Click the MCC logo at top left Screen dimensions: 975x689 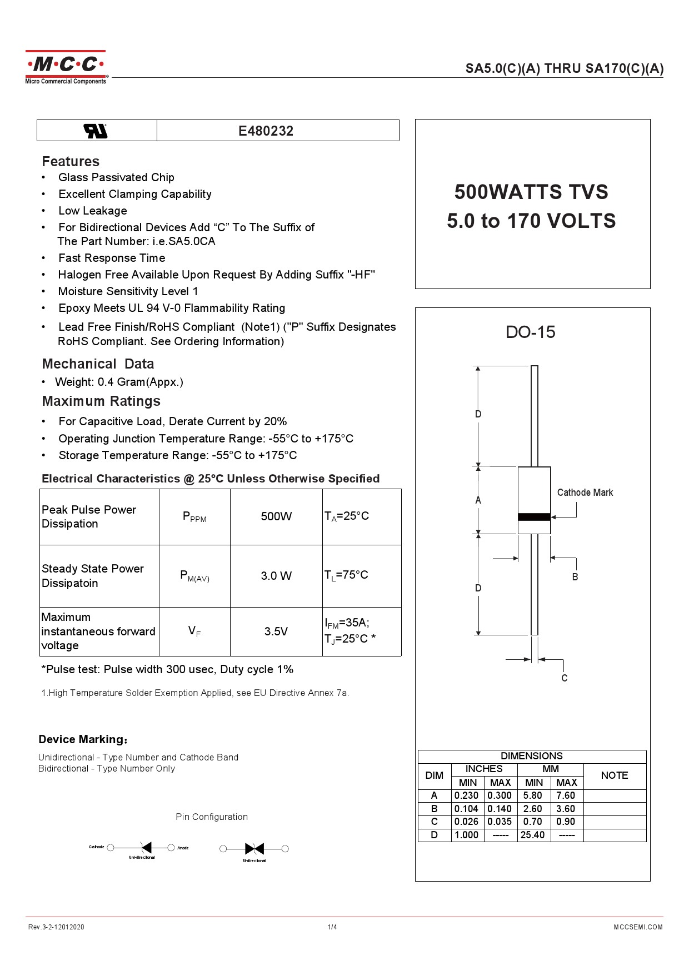(66, 67)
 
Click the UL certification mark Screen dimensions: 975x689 (96, 131)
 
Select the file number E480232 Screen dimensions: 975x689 (266, 131)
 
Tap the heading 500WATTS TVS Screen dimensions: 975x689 (531, 192)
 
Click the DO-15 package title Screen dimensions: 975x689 (530, 332)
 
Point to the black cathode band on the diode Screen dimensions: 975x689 (534, 517)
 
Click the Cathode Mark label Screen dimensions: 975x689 (585, 493)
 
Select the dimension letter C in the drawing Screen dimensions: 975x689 (565, 678)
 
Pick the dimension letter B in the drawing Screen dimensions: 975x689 (575, 577)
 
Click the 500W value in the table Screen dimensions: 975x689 (276, 516)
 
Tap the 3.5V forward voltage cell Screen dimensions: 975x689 (276, 631)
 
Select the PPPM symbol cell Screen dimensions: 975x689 (194, 517)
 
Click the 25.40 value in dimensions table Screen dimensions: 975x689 (532, 835)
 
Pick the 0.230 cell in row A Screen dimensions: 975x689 (466, 795)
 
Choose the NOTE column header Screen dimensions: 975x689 (614, 775)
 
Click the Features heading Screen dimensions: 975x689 (71, 162)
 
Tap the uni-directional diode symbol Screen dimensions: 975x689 (146, 848)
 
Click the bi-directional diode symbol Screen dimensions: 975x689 (254, 849)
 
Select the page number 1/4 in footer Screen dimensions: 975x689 (332, 927)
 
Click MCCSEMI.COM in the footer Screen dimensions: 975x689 (638, 927)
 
